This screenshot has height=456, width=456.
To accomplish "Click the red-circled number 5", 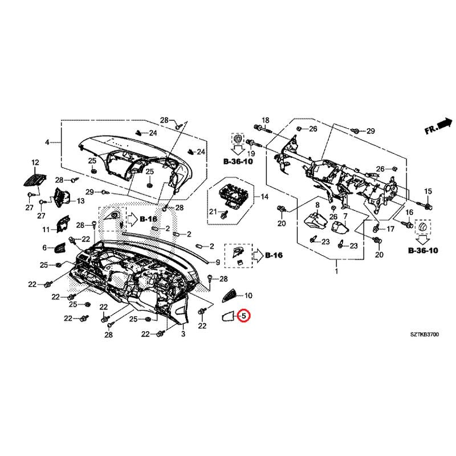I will [243, 315].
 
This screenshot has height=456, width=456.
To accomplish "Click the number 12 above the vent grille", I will [35, 163].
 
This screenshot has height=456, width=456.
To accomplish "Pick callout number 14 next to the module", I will [264, 197].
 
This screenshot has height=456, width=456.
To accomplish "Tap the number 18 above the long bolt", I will [264, 120].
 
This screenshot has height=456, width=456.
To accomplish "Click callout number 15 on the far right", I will [428, 190].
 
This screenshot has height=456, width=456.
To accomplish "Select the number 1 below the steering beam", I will [336, 272].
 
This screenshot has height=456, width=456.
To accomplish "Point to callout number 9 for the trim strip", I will [217, 262].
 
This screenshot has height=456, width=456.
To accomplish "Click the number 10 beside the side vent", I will [248, 296].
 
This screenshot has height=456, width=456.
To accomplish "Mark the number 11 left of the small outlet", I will [46, 230].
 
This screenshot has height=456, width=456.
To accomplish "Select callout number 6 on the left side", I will [44, 248].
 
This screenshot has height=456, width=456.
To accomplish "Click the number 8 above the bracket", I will [317, 204].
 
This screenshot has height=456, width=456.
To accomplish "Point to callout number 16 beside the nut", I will [409, 213].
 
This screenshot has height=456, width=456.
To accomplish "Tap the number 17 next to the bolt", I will [390, 229].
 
